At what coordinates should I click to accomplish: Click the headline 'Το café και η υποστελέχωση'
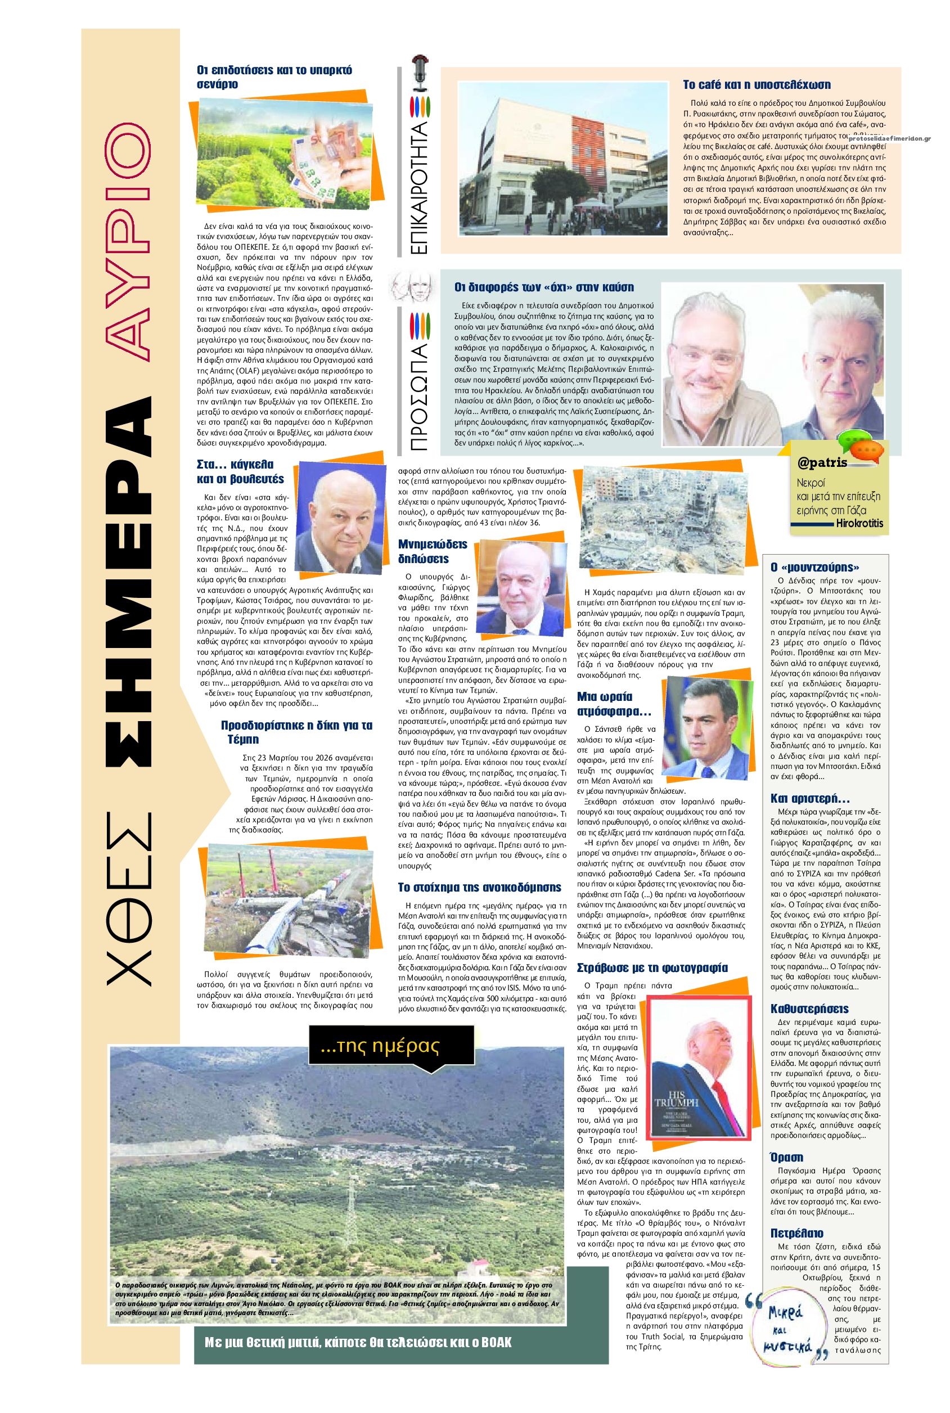(756, 85)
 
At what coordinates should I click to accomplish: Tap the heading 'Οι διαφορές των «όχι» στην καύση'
(543, 287)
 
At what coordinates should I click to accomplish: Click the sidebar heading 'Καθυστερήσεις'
(809, 1009)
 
